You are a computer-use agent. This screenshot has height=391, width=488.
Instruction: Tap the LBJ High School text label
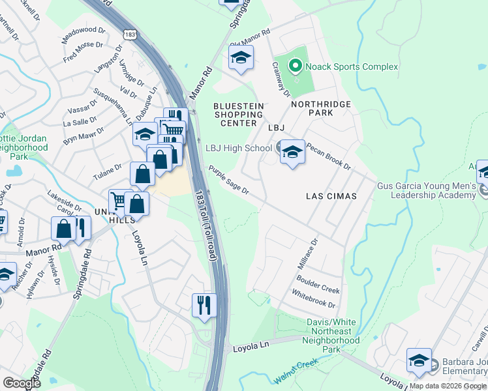pyautogui.click(x=239, y=149)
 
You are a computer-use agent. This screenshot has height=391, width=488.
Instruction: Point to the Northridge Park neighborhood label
pyautogui.click(x=321, y=108)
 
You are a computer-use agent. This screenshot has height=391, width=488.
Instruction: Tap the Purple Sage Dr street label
pyautogui.click(x=229, y=179)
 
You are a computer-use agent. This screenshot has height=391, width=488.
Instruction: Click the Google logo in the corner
pyautogui.click(x=22, y=383)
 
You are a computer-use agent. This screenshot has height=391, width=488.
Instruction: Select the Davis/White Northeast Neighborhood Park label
pyautogui.click(x=333, y=336)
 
